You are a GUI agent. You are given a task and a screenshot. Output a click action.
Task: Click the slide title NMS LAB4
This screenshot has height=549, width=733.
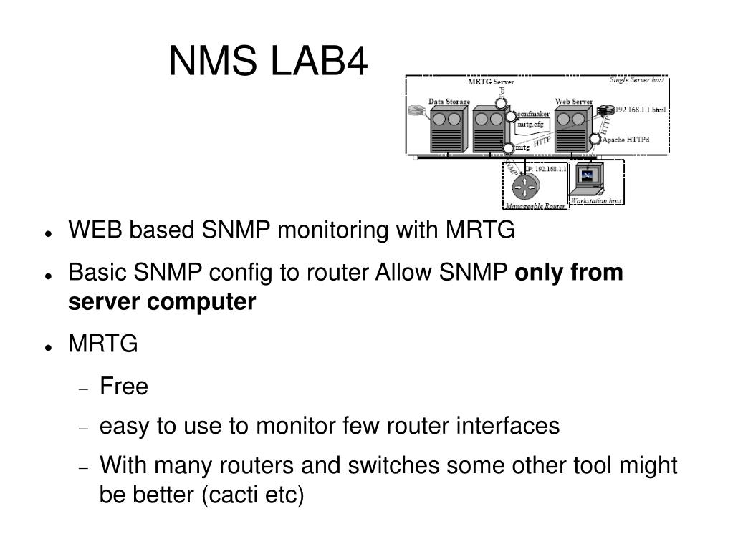[x=268, y=62]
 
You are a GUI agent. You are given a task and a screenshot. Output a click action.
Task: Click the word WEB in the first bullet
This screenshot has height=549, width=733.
[x=89, y=231]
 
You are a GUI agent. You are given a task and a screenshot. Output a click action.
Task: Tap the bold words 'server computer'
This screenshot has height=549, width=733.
[x=162, y=303]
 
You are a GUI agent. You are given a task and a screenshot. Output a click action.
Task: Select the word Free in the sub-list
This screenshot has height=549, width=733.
[x=124, y=387]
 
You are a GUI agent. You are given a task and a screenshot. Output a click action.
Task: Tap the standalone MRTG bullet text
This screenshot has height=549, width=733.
[x=102, y=344]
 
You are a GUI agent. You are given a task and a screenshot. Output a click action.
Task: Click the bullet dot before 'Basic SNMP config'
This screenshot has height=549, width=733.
[x=47, y=275]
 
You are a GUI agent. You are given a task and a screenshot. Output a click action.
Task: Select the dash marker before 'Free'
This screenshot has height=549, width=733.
[x=85, y=389]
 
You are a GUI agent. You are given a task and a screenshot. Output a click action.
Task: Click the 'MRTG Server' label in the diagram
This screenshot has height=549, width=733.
[x=491, y=82]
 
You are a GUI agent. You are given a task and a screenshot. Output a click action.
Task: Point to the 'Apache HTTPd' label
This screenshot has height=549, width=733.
[x=625, y=140]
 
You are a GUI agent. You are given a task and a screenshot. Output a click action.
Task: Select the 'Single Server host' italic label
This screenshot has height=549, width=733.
[x=636, y=80]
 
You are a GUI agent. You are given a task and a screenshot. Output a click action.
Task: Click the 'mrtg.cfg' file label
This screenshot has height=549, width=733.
[x=530, y=124]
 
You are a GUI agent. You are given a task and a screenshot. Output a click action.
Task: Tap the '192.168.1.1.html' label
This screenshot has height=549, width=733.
[x=640, y=110]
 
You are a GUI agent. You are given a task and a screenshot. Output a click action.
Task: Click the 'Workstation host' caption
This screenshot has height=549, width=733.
[x=595, y=201]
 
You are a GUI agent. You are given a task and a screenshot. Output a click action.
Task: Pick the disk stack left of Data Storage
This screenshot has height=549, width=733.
[x=416, y=111]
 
